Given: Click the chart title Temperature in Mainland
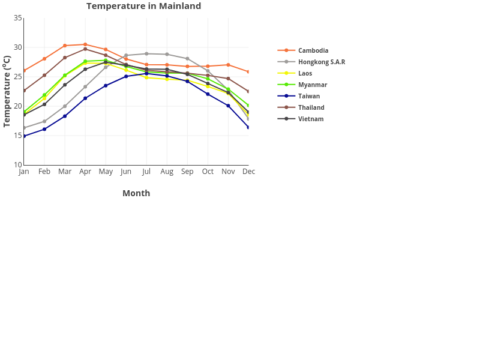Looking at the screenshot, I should pyautogui.click(x=143, y=6).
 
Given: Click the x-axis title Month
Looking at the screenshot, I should pyautogui.click(x=136, y=193).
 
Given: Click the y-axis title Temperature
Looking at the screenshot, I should pyautogui.click(x=7, y=91).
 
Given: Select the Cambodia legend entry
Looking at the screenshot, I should pyautogui.click(x=313, y=50).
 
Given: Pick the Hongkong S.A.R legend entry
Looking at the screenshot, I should pyautogui.click(x=321, y=62).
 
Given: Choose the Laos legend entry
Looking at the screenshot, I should pyautogui.click(x=305, y=73).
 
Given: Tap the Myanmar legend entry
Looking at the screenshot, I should pyautogui.click(x=312, y=85).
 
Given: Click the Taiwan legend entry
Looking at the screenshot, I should pyautogui.click(x=308, y=96).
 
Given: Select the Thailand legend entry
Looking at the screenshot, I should pyautogui.click(x=311, y=107).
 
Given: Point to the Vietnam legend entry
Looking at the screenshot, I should pyautogui.click(x=310, y=119).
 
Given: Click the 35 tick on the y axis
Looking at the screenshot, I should pyautogui.click(x=18, y=18).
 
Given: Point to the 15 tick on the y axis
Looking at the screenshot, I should pyautogui.click(x=18, y=136).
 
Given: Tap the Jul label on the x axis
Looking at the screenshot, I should pyautogui.click(x=146, y=172).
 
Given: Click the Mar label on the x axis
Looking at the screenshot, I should pyautogui.click(x=65, y=172).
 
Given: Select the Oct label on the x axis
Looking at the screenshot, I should pyautogui.click(x=208, y=172).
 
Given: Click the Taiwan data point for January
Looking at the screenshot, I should pyautogui.click(x=24, y=136).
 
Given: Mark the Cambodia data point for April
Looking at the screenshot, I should pyautogui.click(x=85, y=44).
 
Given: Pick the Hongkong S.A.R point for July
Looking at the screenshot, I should pyautogui.click(x=146, y=53).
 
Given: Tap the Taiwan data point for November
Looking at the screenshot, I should pyautogui.click(x=228, y=106).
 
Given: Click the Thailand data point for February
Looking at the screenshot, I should pyautogui.click(x=44, y=75).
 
